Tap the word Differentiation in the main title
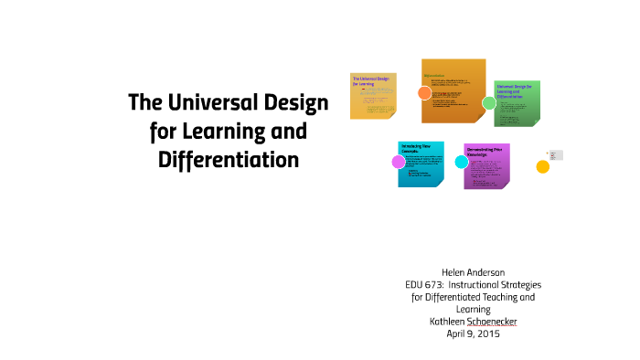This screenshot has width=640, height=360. [x=228, y=158]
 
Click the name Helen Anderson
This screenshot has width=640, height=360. [x=473, y=272]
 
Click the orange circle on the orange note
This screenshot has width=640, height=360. [x=424, y=92]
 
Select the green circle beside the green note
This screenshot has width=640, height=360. [x=489, y=102]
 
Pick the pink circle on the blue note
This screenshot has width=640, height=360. [x=399, y=162]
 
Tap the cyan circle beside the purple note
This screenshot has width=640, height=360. [x=461, y=162]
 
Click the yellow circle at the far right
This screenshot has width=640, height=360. [x=542, y=166]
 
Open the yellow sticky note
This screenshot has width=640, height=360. [x=373, y=96]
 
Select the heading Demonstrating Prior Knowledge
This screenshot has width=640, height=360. [x=486, y=152]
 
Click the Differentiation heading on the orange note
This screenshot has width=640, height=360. [x=435, y=76]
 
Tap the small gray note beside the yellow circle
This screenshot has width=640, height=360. [x=557, y=154]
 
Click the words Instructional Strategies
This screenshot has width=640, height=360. [x=503, y=284]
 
